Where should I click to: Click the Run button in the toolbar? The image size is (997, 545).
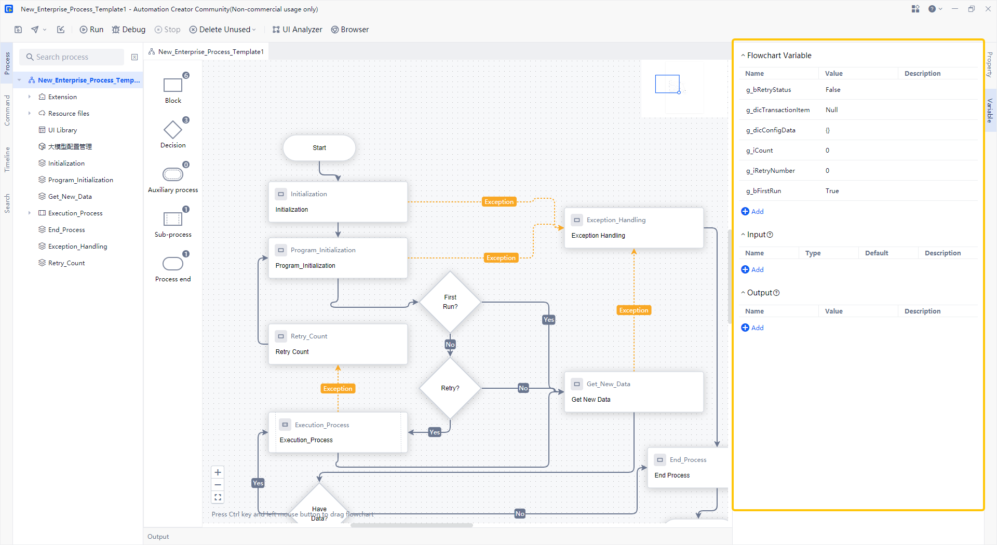click(91, 30)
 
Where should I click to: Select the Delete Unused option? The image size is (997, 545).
click(222, 30)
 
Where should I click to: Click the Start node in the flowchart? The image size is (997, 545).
click(319, 148)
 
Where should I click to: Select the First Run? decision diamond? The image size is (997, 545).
click(450, 302)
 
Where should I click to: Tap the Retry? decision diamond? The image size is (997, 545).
click(450, 388)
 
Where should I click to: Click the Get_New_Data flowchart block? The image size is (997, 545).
click(634, 392)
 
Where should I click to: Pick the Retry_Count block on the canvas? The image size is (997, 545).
click(338, 344)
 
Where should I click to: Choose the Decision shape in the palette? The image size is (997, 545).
click(173, 130)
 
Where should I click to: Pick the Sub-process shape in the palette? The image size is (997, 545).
click(173, 220)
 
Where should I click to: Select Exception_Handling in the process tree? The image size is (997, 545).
click(77, 247)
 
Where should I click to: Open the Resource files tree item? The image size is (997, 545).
click(69, 114)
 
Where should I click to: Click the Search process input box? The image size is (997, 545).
click(73, 57)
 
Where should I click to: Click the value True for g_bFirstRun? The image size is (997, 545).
click(832, 191)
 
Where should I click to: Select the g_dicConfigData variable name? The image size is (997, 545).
click(771, 130)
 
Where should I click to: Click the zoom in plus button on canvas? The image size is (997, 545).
click(218, 472)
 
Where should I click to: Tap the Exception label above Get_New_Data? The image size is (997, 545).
click(634, 310)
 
